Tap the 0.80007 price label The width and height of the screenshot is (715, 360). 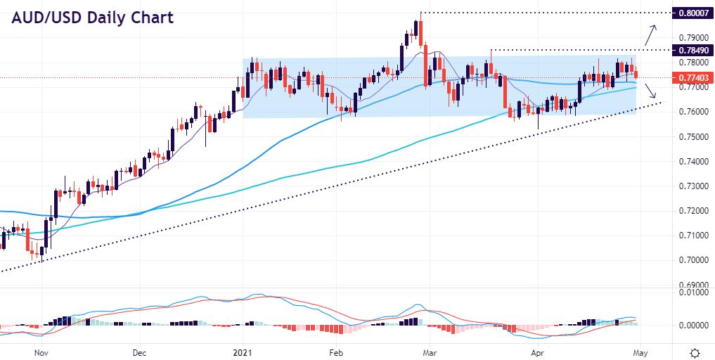coord(691,13)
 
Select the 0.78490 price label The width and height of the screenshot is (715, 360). coord(691,50)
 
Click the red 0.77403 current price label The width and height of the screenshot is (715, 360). coord(691,77)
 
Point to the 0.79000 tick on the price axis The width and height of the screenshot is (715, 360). coord(691,37)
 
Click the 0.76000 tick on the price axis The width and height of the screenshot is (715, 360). coord(691,112)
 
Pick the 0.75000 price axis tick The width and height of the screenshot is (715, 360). coord(691,136)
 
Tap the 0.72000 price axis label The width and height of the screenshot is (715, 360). coord(691,211)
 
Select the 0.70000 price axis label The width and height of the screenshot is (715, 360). coord(691,260)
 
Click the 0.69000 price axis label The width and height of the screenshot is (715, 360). coord(691,284)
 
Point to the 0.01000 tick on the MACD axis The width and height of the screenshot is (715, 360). coord(691,292)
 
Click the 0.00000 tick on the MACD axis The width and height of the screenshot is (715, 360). coord(691,326)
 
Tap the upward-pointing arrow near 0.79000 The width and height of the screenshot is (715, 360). coord(652,32)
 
